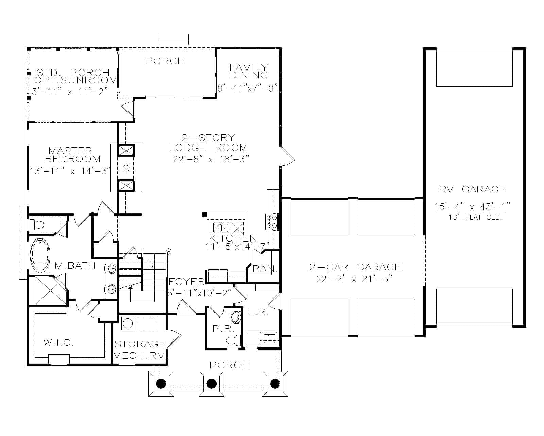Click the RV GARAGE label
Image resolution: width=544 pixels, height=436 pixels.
(x=472, y=189)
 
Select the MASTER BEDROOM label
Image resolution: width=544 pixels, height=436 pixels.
(x=72, y=155)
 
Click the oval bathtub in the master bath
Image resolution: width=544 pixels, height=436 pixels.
(x=40, y=256)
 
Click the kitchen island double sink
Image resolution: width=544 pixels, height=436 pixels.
(x=221, y=227)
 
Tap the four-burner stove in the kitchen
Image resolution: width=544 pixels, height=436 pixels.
(x=272, y=221)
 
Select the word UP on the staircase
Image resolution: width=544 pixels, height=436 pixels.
(x=149, y=264)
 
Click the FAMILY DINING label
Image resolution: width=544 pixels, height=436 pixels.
(x=249, y=71)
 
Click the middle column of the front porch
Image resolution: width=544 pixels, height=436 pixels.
(x=211, y=384)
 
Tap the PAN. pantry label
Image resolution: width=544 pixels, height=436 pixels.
(x=265, y=269)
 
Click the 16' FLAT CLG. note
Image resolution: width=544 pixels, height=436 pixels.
(x=475, y=217)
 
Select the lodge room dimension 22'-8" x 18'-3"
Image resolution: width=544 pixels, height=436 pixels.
(x=211, y=159)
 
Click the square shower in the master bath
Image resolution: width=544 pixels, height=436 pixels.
(x=50, y=290)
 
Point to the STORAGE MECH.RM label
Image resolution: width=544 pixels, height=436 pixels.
(x=139, y=350)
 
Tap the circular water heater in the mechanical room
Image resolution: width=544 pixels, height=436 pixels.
(x=128, y=323)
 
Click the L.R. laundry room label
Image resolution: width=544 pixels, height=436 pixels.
(x=259, y=312)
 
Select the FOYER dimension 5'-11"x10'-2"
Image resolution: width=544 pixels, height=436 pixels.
(x=199, y=293)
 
